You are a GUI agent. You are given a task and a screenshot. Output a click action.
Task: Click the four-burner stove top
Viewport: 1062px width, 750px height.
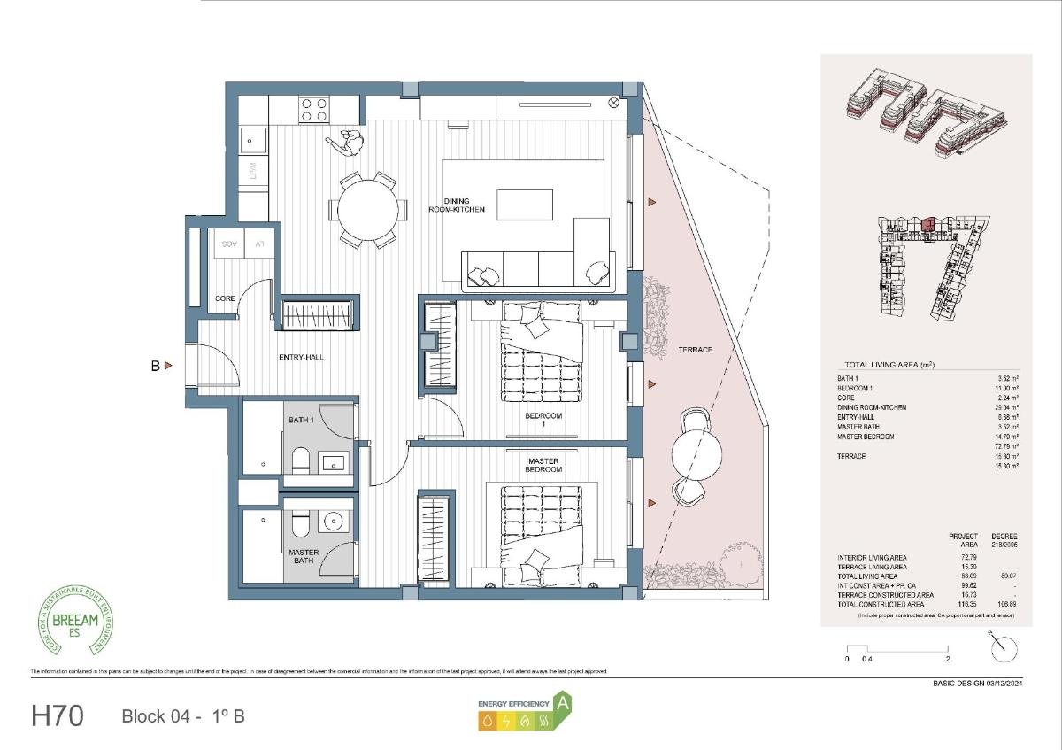point(313,109)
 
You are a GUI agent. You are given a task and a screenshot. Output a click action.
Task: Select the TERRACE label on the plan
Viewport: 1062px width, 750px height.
point(695,350)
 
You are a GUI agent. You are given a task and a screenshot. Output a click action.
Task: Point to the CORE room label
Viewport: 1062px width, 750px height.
point(226,298)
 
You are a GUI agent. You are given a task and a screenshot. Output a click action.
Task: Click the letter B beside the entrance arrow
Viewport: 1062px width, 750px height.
point(155,365)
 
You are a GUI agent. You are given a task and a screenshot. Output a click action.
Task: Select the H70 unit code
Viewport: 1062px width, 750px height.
point(58,715)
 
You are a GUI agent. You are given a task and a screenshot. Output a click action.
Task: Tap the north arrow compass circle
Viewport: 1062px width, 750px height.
point(1004,649)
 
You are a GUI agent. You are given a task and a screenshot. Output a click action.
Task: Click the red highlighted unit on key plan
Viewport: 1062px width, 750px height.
point(927,225)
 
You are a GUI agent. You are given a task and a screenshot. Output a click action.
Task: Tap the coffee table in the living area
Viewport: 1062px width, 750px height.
point(524,205)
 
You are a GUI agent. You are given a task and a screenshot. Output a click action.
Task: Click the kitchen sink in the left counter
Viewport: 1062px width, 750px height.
point(252,139)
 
